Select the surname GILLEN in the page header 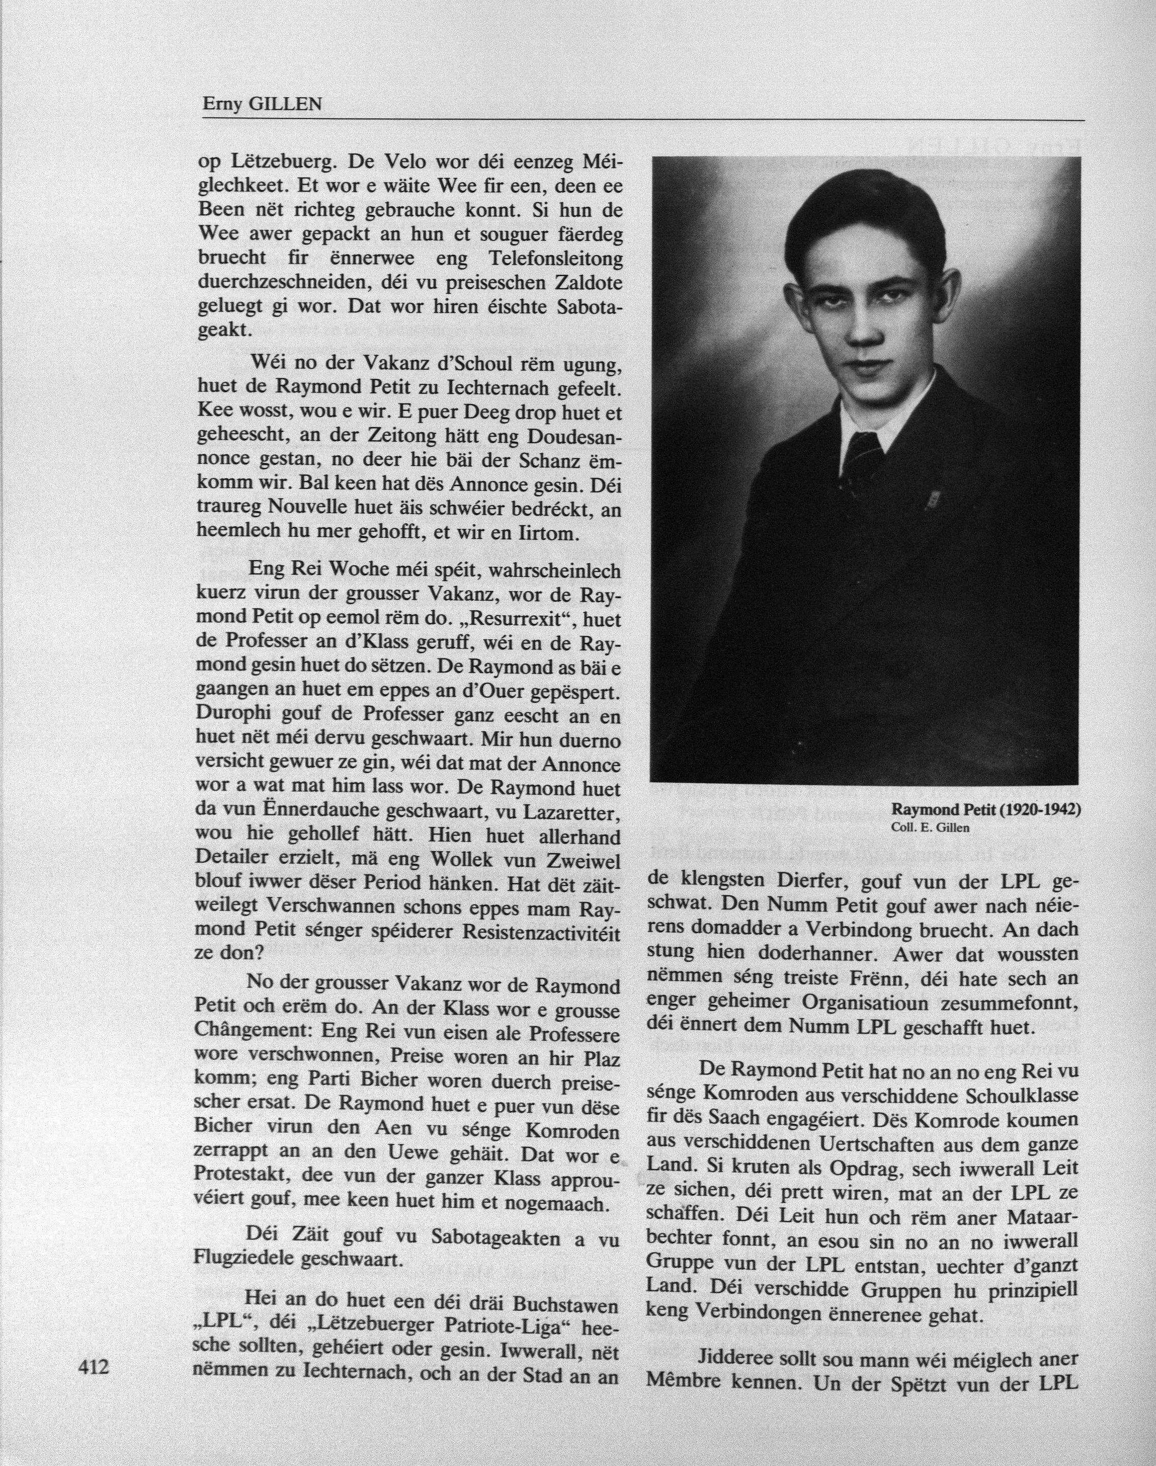click(x=285, y=104)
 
